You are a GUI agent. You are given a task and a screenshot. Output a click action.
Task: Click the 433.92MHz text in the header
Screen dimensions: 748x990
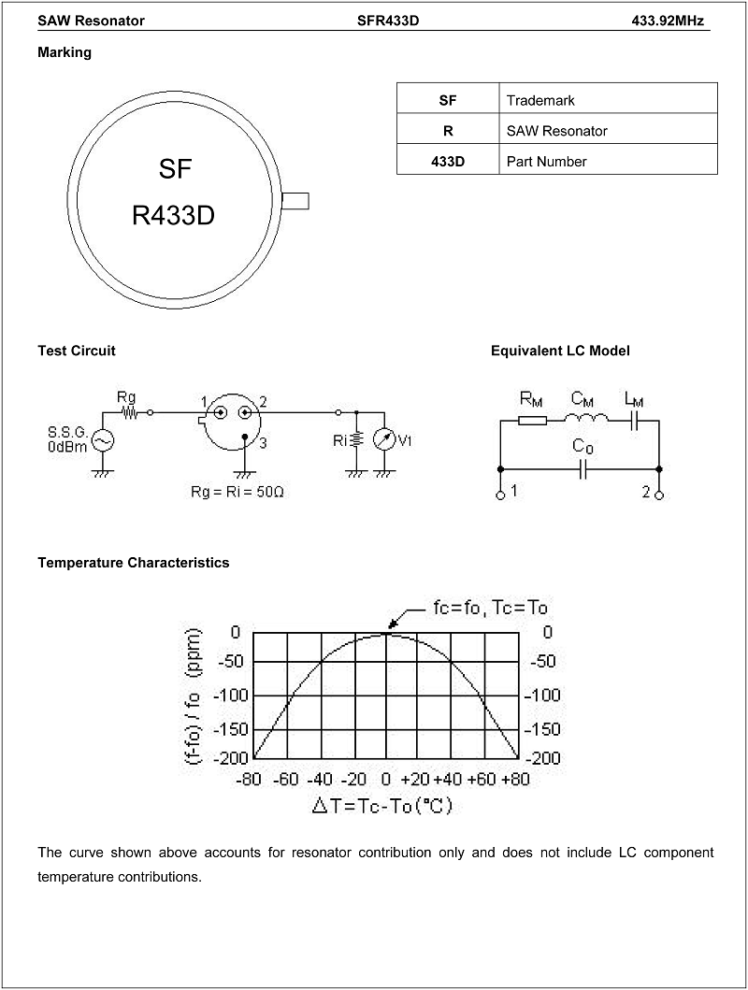pyautogui.click(x=668, y=21)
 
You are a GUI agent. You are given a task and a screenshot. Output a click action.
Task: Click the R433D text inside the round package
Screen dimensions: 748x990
pyautogui.click(x=174, y=216)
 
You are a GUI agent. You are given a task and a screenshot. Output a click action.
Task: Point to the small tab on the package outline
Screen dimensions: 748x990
pyautogui.click(x=295, y=201)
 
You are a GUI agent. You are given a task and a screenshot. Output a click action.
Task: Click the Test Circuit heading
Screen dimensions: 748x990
pyautogui.click(x=77, y=352)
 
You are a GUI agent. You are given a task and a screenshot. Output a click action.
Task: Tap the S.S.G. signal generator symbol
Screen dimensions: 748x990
pyautogui.click(x=103, y=440)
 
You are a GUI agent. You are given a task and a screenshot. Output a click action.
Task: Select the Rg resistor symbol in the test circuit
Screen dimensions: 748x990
pyautogui.click(x=129, y=413)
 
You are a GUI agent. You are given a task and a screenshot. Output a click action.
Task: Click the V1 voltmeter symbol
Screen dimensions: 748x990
pyautogui.click(x=383, y=440)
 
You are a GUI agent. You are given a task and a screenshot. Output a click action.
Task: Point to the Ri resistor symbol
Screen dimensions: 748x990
pyautogui.click(x=356, y=440)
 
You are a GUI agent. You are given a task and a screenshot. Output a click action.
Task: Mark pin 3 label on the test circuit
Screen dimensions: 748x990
pyautogui.click(x=263, y=443)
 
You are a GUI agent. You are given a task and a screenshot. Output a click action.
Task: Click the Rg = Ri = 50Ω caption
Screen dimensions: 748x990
pyautogui.click(x=237, y=491)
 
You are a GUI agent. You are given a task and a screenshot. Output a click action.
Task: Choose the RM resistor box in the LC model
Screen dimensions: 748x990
pyautogui.click(x=533, y=420)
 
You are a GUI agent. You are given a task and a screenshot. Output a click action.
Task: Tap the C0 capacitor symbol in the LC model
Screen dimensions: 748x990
pyautogui.click(x=583, y=469)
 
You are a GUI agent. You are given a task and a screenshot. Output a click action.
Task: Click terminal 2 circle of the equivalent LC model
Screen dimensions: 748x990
pyautogui.click(x=659, y=495)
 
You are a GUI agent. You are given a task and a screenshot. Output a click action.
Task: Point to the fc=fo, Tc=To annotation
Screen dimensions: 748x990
pyautogui.click(x=491, y=608)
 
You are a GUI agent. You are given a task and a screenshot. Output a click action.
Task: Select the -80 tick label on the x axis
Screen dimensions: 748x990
pyautogui.click(x=249, y=779)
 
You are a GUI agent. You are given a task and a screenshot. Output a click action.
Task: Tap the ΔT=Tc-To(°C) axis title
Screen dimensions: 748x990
pyautogui.click(x=382, y=806)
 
